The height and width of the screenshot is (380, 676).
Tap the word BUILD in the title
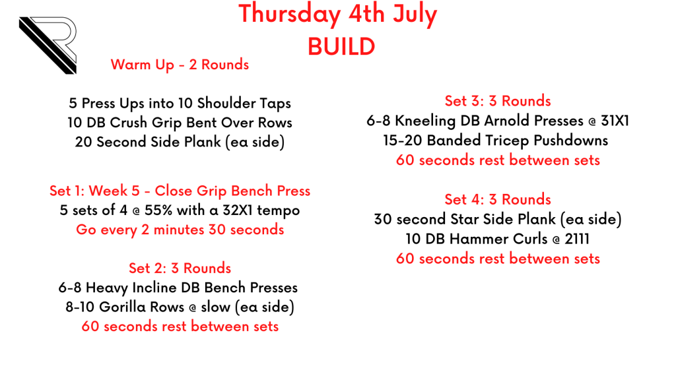point(341,47)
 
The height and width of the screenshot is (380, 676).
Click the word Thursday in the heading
point(290,15)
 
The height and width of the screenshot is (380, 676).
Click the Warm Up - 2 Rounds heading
point(180,65)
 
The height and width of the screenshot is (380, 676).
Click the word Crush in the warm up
point(129,122)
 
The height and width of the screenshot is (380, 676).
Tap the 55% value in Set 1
point(158,210)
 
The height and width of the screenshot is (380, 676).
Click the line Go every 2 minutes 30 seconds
point(180,230)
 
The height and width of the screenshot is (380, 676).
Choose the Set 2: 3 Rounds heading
point(180,268)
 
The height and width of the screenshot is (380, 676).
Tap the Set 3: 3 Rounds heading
point(498,101)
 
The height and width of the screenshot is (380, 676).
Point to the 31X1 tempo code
point(615,121)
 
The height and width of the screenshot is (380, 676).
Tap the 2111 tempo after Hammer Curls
point(577,239)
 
